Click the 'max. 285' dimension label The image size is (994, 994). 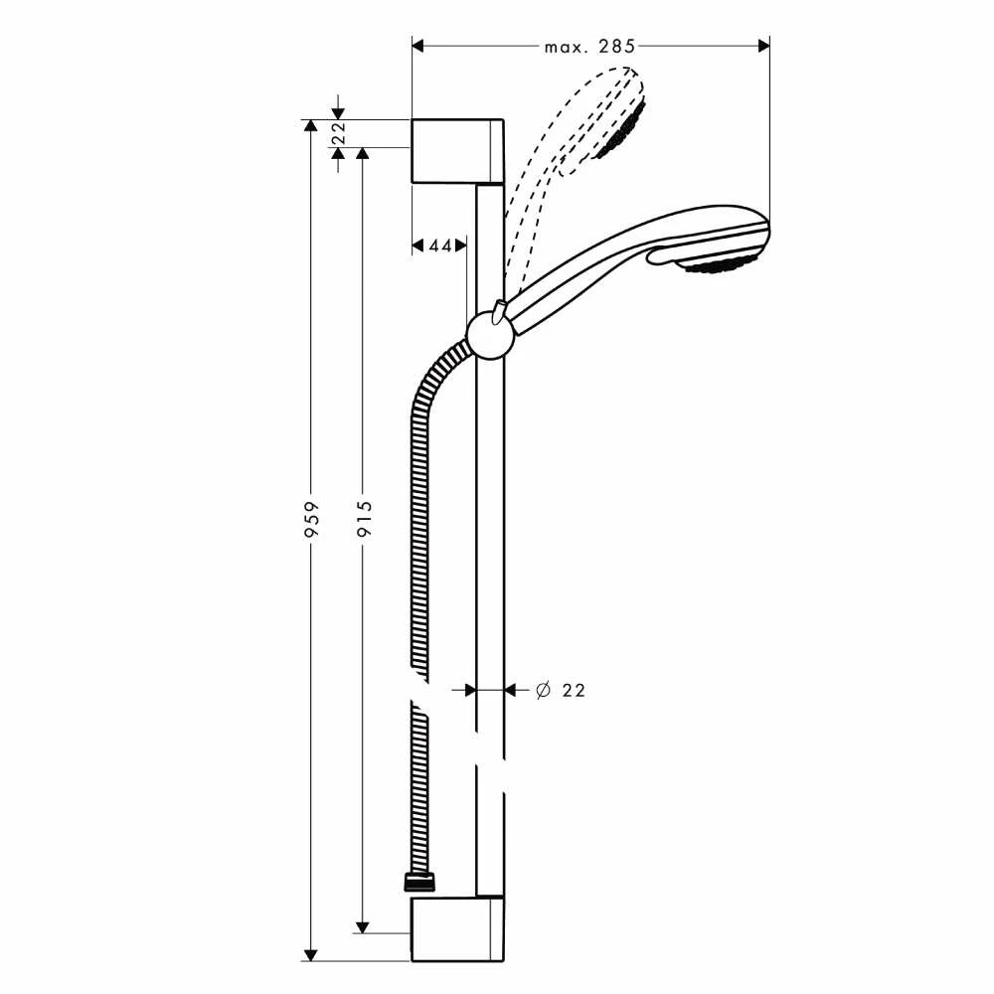(589, 46)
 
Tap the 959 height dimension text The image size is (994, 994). (311, 519)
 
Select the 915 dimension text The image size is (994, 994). (364, 519)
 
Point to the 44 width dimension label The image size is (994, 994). (439, 245)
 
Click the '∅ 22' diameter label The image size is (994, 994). (560, 690)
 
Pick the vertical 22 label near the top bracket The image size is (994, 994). (337, 133)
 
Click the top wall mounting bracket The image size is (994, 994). (456, 151)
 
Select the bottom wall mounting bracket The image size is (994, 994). (456, 930)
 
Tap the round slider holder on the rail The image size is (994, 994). (489, 333)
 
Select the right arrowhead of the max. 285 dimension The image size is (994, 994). (763, 46)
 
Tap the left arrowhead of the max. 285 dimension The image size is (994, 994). (418, 46)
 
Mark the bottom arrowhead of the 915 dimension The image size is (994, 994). (364, 926)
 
